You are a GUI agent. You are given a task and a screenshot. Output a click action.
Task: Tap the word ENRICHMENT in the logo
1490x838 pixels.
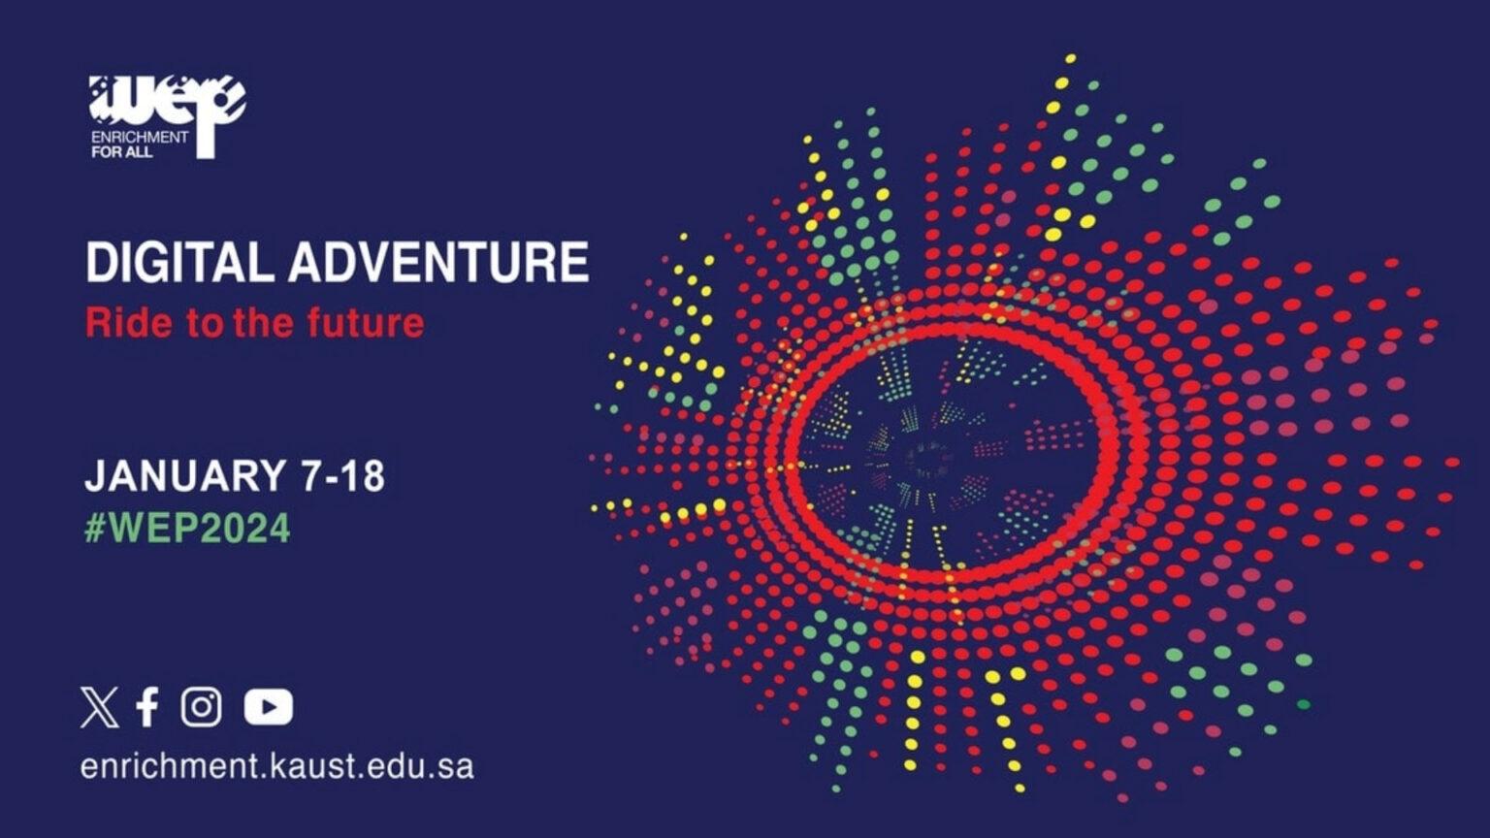(140, 137)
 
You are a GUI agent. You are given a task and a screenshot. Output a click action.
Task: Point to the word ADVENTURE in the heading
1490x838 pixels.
(438, 263)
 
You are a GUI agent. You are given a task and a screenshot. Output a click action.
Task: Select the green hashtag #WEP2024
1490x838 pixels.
(187, 529)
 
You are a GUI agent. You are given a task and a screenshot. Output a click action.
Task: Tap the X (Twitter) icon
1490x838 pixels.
(99, 707)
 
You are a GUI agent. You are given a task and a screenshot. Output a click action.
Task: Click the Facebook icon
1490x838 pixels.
(147, 707)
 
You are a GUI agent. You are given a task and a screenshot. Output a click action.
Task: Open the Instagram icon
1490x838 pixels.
(201, 707)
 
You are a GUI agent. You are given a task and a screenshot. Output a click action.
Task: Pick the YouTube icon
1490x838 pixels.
(269, 707)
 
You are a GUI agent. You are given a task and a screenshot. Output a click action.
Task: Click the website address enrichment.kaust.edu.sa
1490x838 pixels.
(277, 766)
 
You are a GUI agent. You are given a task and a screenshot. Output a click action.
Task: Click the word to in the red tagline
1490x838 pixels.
(205, 322)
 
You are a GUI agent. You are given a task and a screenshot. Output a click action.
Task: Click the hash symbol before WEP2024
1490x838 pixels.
(95, 529)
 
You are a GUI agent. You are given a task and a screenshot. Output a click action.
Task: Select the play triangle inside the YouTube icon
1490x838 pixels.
(270, 707)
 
